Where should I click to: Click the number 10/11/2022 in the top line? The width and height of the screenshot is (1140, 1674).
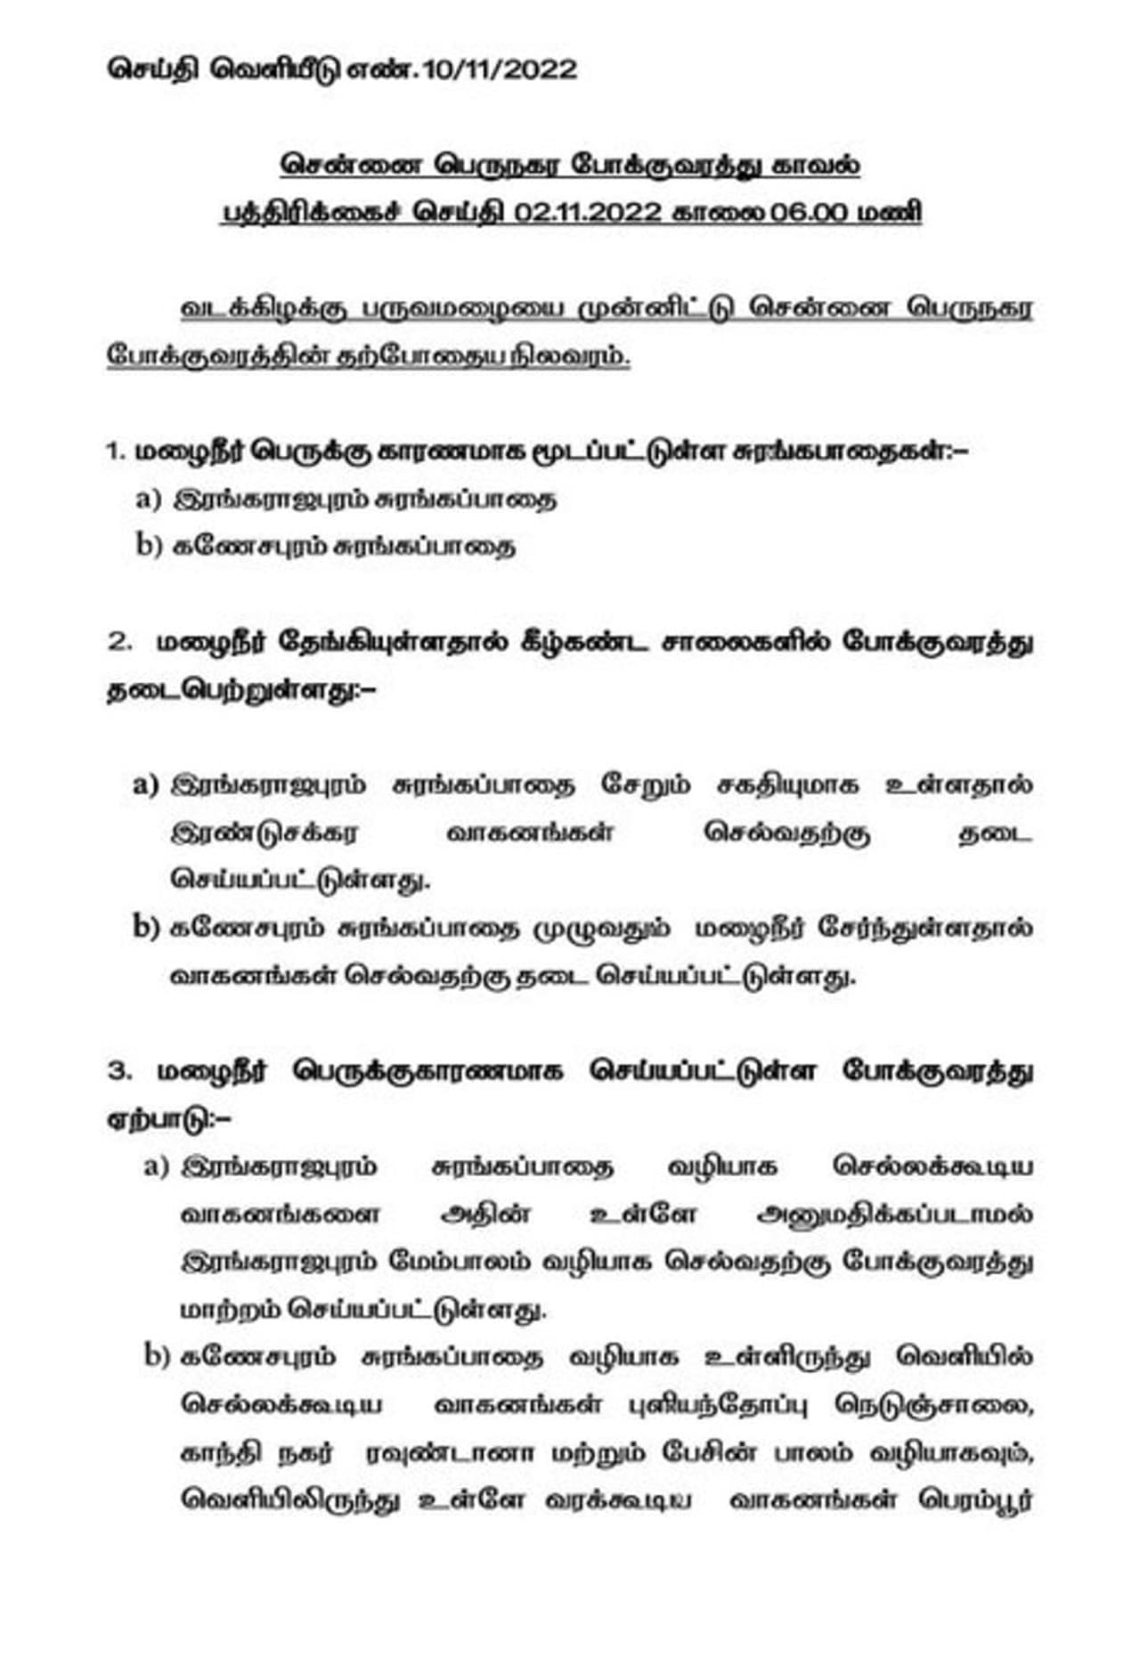[x=501, y=69]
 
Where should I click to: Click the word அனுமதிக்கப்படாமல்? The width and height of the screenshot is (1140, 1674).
[x=894, y=1214]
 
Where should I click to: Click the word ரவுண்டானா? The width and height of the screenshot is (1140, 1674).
[x=452, y=1452]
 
